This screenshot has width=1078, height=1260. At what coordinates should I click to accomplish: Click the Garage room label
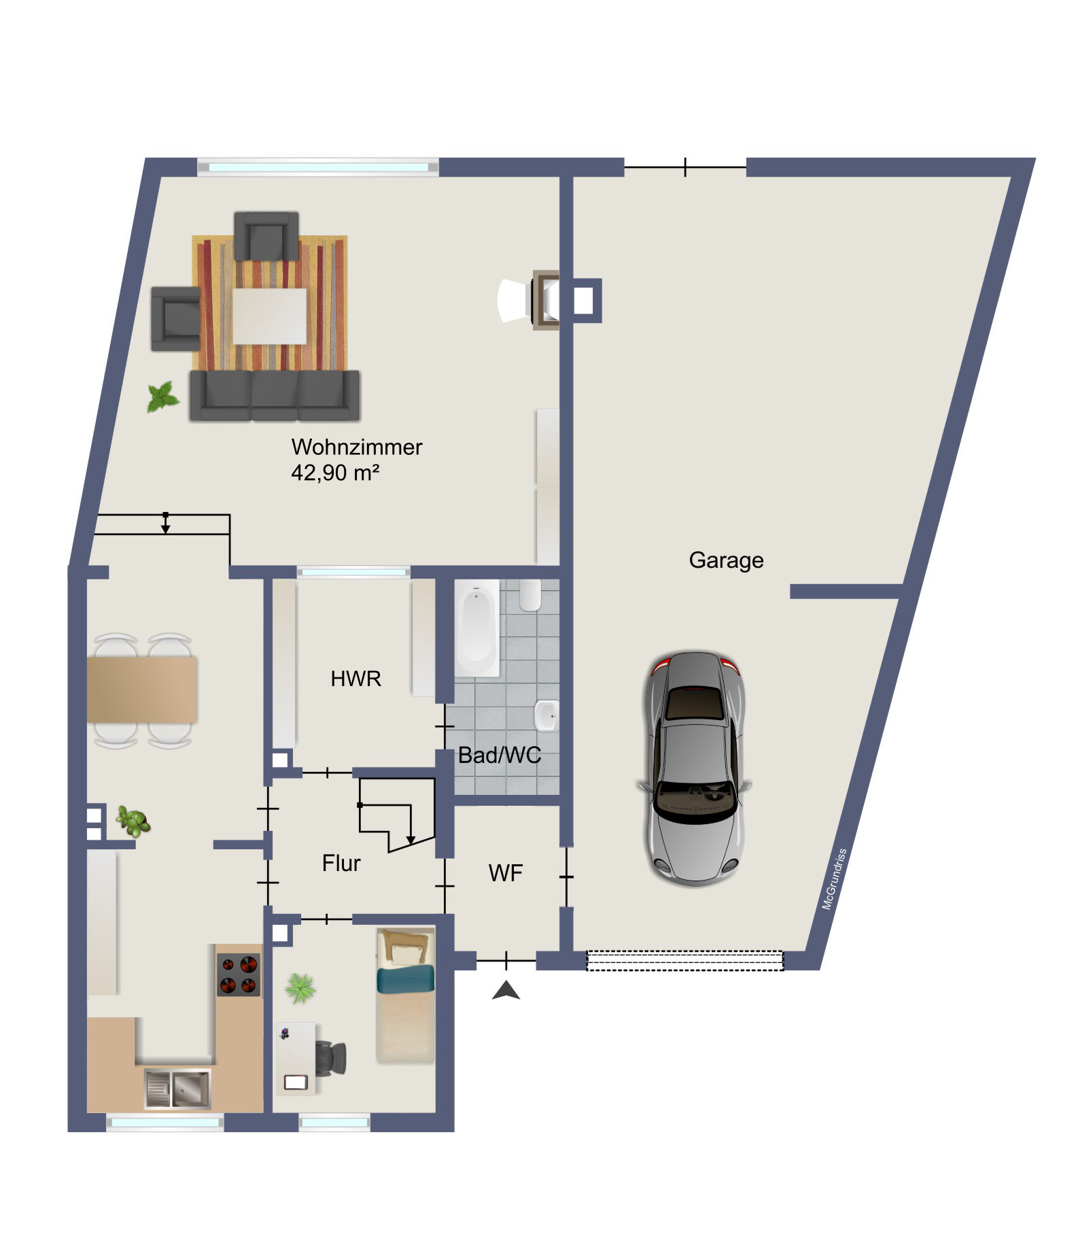pyautogui.click(x=726, y=560)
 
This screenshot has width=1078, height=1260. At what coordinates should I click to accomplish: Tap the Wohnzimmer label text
pyautogui.click(x=357, y=447)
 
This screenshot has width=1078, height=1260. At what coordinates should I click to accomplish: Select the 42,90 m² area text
pyautogui.click(x=335, y=472)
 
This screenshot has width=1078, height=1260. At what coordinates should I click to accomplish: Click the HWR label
pyautogui.click(x=355, y=679)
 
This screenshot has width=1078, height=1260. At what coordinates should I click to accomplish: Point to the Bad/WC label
pyautogui.click(x=500, y=755)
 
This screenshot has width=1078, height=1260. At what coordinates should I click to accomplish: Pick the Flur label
pyautogui.click(x=341, y=863)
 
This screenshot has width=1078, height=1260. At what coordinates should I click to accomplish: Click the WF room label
pyautogui.click(x=506, y=873)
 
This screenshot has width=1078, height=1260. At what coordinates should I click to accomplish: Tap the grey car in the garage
pyautogui.click(x=695, y=768)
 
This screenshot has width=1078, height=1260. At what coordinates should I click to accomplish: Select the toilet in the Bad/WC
pyautogui.click(x=529, y=595)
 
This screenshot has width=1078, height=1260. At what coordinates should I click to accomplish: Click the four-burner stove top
pyautogui.click(x=239, y=974)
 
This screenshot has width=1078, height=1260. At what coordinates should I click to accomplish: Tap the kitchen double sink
pyautogui.click(x=178, y=1088)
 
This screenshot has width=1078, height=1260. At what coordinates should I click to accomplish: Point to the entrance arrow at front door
pyautogui.click(x=506, y=990)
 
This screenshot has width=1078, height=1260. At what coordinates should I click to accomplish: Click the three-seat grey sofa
pyautogui.click(x=275, y=396)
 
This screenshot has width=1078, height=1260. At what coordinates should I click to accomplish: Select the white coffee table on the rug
pyautogui.click(x=270, y=316)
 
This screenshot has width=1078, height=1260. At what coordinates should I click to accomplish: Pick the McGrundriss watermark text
pyautogui.click(x=835, y=879)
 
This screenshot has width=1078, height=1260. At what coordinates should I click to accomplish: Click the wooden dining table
pyautogui.click(x=142, y=689)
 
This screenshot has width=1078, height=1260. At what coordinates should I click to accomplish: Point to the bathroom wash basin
pyautogui.click(x=546, y=715)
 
